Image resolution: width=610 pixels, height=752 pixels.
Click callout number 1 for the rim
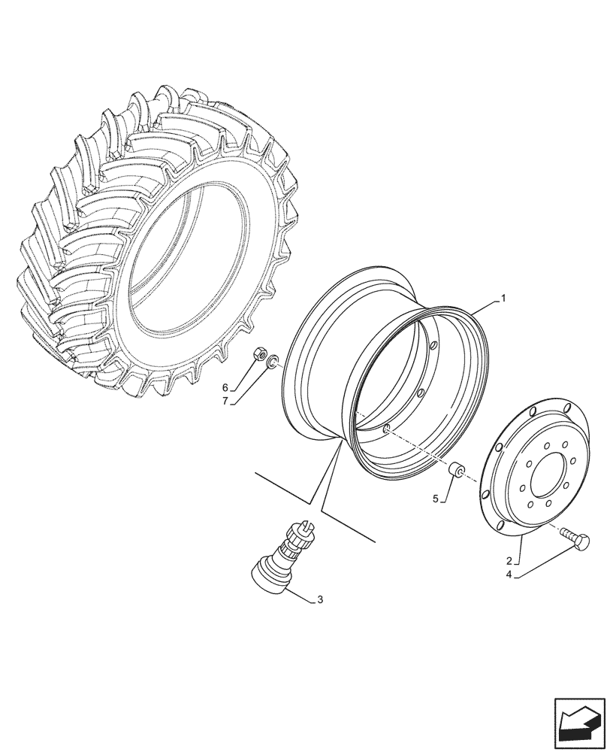503,299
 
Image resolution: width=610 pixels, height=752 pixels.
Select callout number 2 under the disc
509,561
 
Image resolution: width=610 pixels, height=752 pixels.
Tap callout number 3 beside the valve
320,599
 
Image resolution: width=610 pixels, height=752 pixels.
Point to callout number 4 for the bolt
509,575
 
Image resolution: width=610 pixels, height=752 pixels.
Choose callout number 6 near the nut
225,387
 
